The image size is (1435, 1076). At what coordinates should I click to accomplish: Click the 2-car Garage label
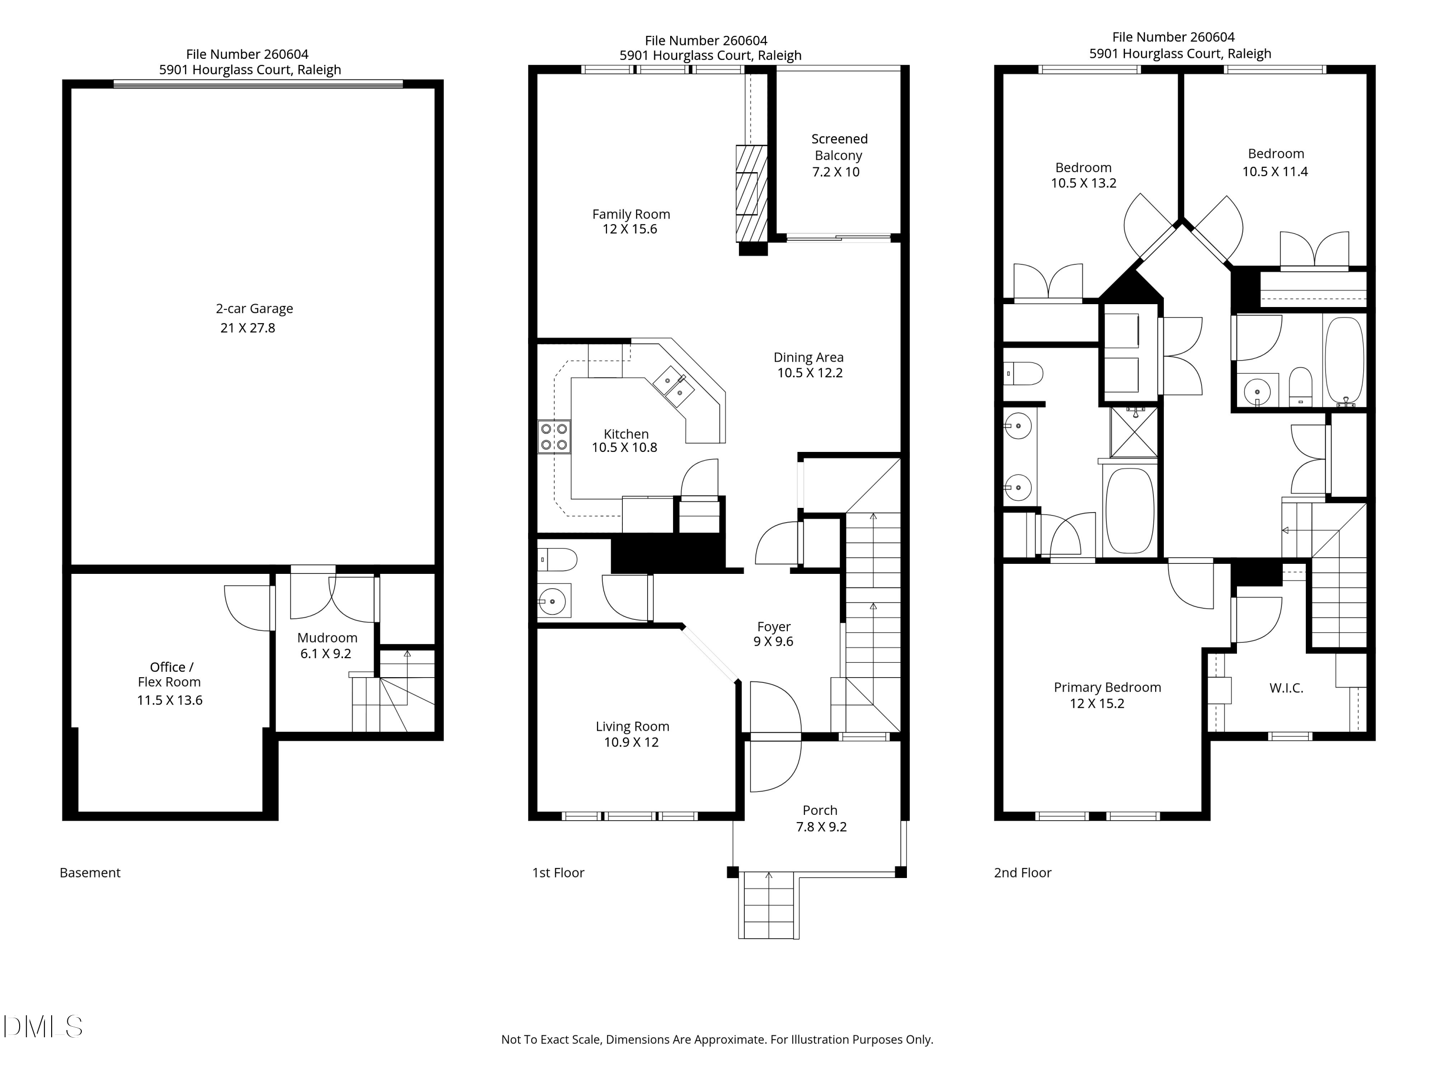tap(254, 309)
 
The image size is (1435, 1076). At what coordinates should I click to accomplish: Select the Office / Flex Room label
tap(170, 674)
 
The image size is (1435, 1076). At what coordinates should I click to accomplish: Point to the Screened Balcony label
tap(839, 147)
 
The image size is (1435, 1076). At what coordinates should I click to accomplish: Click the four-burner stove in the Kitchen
tap(554, 437)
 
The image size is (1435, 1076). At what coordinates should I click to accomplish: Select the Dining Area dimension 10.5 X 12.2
tap(810, 373)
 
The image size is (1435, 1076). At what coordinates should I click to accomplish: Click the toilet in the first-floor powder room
tap(558, 559)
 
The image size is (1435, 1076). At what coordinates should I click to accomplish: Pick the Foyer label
tap(773, 626)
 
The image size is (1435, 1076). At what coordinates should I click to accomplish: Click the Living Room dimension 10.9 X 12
tap(631, 743)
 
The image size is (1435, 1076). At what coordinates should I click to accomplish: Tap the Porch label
tap(820, 810)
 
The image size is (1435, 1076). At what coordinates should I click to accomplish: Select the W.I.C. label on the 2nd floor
tap(1286, 688)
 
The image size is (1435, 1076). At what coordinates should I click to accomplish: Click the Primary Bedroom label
tap(1107, 688)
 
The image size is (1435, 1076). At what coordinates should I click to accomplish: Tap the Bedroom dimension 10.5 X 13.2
tap(1083, 184)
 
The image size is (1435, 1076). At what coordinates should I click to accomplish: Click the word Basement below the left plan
tap(90, 873)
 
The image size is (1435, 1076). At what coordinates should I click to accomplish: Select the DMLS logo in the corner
tap(43, 1027)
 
